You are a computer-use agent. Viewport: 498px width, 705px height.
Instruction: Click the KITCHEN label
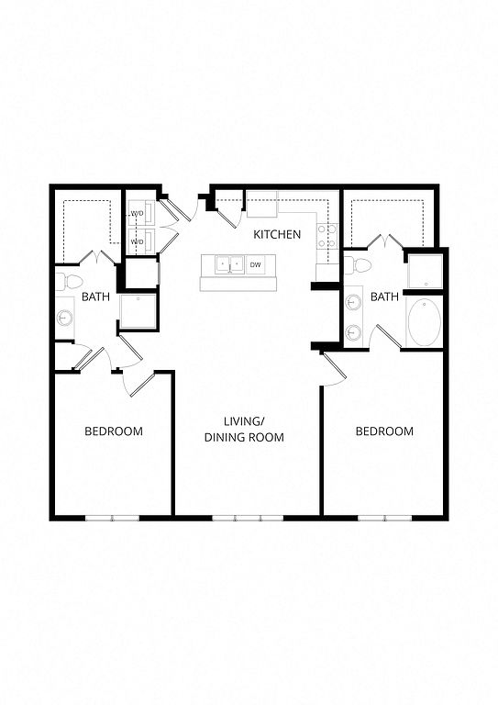[x=277, y=234]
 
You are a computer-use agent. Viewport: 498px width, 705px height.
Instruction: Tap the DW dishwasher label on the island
[x=255, y=264]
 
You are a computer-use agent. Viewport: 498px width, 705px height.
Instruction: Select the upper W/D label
[x=137, y=213]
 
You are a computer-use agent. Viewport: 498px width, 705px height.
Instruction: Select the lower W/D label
[x=137, y=241]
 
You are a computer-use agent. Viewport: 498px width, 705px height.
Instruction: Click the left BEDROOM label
[x=114, y=431]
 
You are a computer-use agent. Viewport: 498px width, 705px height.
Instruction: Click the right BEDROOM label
[x=384, y=431]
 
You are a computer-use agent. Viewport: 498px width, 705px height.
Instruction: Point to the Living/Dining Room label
[x=244, y=430]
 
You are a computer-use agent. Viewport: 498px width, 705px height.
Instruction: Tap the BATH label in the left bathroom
[x=95, y=297]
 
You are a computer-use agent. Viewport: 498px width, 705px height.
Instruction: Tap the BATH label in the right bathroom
[x=385, y=297]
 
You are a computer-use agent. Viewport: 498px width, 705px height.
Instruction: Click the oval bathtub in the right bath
[x=425, y=323]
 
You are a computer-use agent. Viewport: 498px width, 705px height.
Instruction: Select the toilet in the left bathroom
[x=69, y=282]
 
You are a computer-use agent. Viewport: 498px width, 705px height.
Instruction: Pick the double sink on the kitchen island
[x=229, y=264]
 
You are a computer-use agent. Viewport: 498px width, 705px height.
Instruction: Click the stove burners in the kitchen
[x=327, y=237]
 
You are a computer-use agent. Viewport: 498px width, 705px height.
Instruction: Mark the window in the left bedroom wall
[x=112, y=518]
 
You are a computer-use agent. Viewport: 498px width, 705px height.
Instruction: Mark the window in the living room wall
[x=248, y=518]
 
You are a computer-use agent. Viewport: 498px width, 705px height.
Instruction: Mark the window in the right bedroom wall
[x=385, y=518]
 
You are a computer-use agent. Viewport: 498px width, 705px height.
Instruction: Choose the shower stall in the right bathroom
[x=426, y=271]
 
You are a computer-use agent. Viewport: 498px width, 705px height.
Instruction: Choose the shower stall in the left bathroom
[x=138, y=311]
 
